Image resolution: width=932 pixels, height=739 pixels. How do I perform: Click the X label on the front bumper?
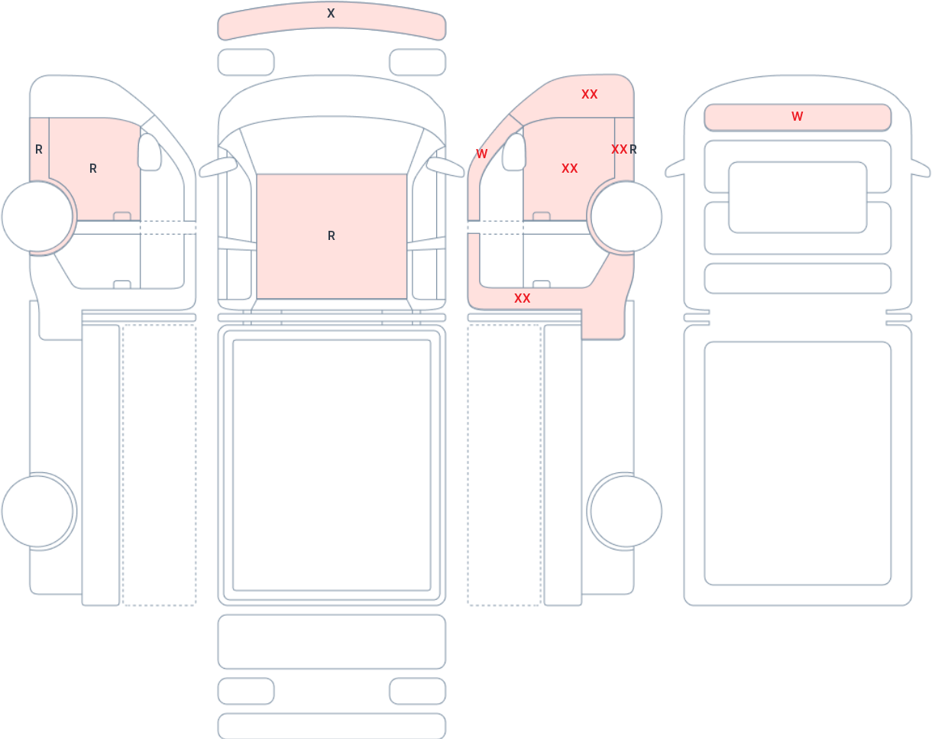[331, 14]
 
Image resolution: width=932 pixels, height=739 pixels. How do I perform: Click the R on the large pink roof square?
[332, 235]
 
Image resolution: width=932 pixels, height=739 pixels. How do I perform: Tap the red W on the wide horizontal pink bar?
[797, 116]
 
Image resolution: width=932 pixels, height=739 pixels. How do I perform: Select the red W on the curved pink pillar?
[481, 154]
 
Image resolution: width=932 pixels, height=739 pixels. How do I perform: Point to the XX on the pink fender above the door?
[590, 94]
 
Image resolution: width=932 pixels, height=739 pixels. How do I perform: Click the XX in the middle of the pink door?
[569, 168]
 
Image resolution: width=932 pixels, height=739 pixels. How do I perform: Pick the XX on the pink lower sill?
[523, 298]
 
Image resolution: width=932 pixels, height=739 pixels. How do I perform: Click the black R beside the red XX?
[633, 150]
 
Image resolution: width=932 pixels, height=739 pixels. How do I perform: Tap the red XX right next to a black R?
[620, 150]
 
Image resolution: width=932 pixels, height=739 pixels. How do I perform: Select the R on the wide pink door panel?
[92, 168]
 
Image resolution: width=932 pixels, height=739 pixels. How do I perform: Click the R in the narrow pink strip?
[39, 150]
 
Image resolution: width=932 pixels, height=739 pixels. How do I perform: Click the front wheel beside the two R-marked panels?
[37, 216]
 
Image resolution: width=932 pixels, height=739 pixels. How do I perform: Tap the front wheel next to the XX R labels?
[626, 216]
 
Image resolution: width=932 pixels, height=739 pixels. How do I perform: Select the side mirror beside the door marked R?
[150, 151]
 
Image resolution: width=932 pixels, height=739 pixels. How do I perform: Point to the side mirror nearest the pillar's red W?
[514, 151]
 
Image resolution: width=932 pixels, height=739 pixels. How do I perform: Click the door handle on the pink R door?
[122, 216]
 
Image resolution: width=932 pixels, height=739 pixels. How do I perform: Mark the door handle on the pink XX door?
[542, 216]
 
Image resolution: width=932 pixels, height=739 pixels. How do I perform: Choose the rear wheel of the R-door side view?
[37, 511]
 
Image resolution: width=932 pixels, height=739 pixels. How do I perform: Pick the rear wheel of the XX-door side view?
[626, 511]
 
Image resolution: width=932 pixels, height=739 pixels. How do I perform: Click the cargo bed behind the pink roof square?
[332, 465]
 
